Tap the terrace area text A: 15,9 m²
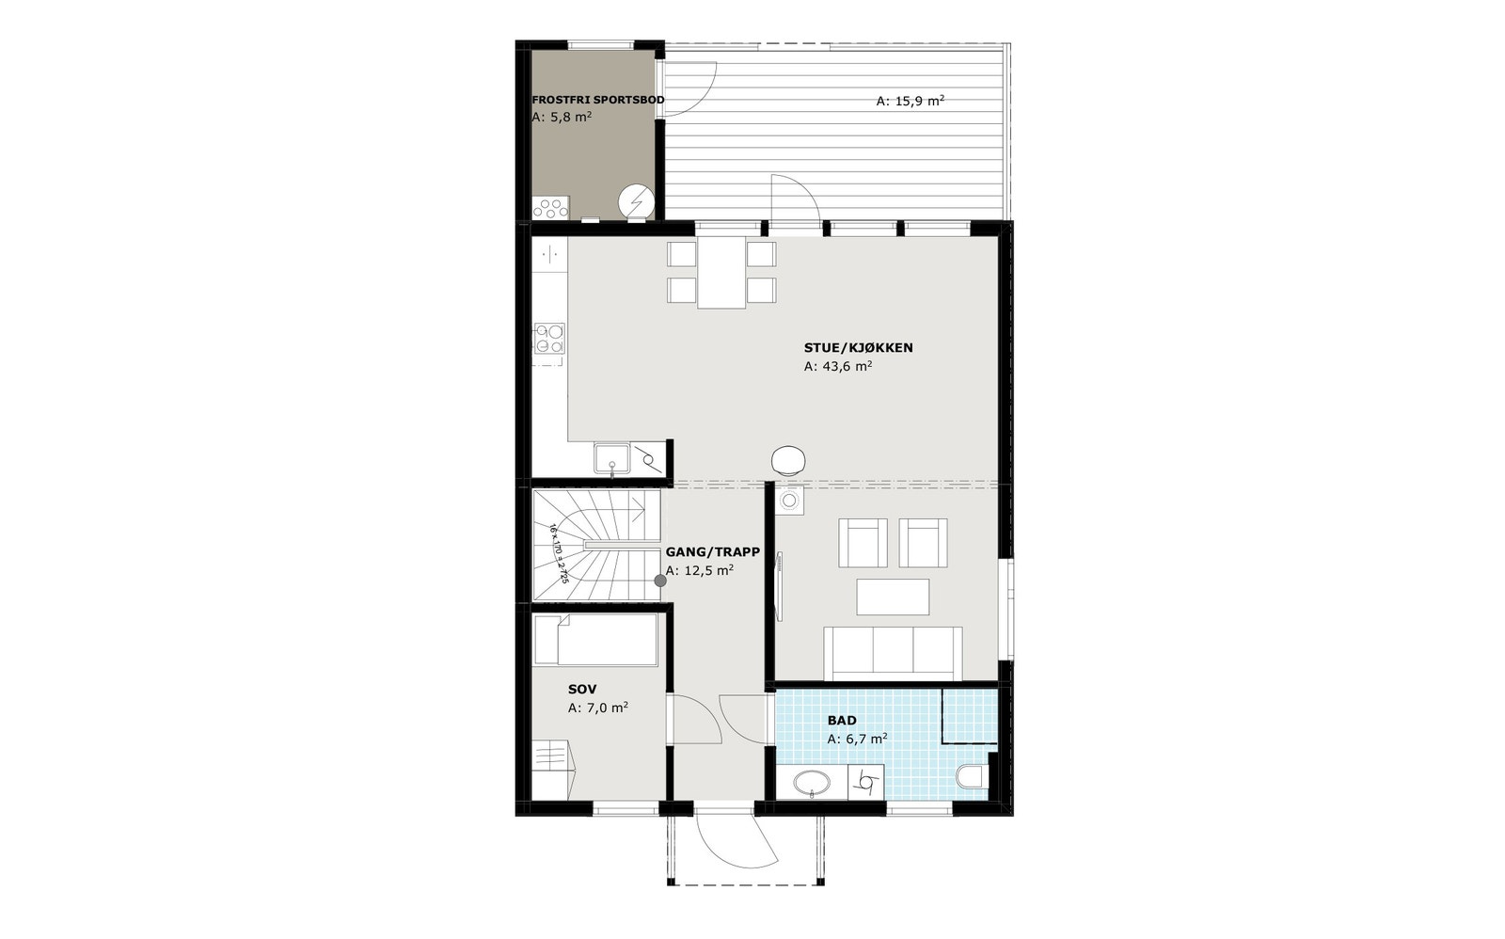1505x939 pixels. click(x=910, y=101)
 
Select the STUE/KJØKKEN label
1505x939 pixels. click(x=858, y=348)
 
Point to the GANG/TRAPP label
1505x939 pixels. click(x=712, y=552)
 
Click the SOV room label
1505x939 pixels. click(x=582, y=690)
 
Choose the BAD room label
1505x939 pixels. click(x=842, y=721)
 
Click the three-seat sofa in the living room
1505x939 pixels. click(x=893, y=651)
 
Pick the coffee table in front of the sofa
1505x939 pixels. click(x=893, y=597)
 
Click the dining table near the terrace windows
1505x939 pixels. click(x=721, y=272)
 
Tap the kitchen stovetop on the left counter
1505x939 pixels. click(x=549, y=338)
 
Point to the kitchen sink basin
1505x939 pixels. click(x=611, y=458)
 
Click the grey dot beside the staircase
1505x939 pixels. click(x=660, y=581)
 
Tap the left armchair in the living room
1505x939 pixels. click(x=863, y=543)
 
